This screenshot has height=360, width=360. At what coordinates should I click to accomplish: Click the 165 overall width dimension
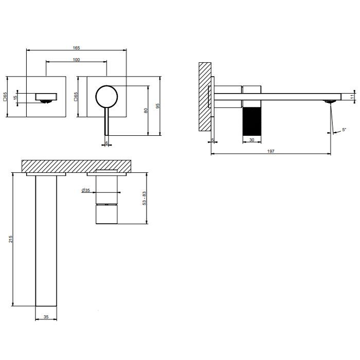tap(76, 48)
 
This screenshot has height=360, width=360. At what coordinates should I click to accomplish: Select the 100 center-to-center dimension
tap(76, 60)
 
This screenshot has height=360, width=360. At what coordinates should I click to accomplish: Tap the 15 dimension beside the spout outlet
tap(15, 97)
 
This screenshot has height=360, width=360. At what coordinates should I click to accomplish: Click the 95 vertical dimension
tap(158, 106)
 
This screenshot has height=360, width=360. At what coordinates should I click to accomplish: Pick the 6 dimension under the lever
tap(106, 143)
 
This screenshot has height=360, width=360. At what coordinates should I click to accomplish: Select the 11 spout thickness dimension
tap(352, 96)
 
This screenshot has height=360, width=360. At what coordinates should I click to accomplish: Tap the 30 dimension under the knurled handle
tap(252, 140)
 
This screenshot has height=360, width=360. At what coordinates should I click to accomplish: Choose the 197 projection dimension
tap(271, 151)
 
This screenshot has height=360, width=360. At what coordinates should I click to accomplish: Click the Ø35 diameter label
tap(86, 190)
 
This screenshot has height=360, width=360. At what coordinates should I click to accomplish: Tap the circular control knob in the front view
tap(106, 96)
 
